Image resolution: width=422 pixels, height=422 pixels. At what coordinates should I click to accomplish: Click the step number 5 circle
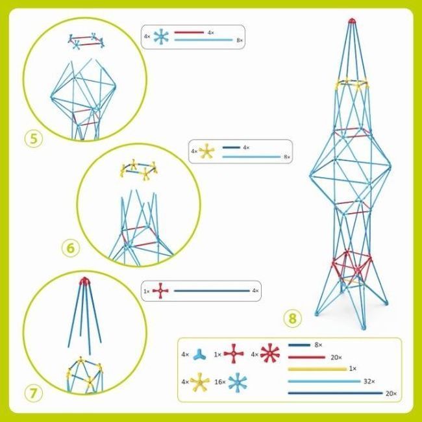[x=34, y=139]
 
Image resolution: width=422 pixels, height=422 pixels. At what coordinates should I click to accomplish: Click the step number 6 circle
[x=71, y=248]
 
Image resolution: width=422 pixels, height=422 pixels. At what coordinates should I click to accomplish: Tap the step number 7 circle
[x=33, y=393]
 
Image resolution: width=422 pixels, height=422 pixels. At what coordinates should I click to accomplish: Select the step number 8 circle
[x=293, y=319]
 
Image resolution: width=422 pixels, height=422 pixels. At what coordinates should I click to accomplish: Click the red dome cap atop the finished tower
[x=351, y=21]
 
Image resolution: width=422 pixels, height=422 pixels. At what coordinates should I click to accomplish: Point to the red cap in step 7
[x=84, y=281]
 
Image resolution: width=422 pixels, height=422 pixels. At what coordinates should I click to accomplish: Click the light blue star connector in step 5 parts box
[x=161, y=37]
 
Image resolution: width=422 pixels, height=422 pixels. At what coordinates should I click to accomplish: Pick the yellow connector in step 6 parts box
[x=206, y=151]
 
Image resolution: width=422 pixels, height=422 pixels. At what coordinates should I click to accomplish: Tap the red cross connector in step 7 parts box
[x=160, y=291]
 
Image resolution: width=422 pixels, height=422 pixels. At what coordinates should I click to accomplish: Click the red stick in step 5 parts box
[x=189, y=32]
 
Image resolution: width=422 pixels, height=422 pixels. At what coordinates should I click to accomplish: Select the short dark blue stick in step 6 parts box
[x=231, y=147]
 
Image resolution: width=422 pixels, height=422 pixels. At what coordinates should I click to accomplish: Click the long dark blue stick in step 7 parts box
[x=212, y=291]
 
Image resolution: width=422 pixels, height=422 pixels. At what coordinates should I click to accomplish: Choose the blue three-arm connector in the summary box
[x=199, y=354]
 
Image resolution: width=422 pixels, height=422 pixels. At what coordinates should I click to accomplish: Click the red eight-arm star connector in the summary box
[x=270, y=353]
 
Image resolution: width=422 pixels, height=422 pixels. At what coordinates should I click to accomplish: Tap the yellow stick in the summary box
[x=317, y=369]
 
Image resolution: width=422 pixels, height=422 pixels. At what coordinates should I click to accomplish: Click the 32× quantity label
[x=369, y=381]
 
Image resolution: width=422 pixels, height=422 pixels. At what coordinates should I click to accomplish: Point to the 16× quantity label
[x=220, y=382]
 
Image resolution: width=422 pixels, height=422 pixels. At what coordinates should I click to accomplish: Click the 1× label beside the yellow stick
[x=353, y=369]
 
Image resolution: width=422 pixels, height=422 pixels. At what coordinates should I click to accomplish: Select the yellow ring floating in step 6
[x=138, y=169]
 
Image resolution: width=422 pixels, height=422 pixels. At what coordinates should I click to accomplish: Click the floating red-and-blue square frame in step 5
[x=86, y=41]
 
